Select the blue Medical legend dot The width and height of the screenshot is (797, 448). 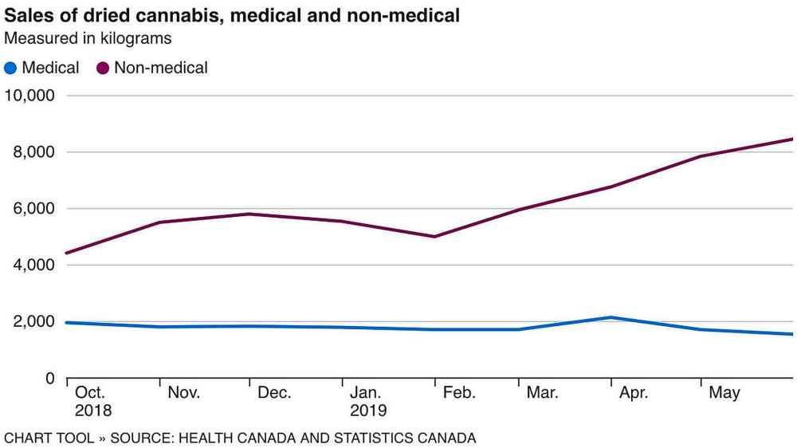click(x=11, y=69)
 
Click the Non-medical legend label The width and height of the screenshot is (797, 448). click(x=160, y=69)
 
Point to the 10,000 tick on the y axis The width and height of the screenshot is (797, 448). click(x=29, y=96)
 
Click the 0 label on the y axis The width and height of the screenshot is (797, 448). click(x=49, y=378)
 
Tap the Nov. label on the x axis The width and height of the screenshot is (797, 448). click(x=184, y=393)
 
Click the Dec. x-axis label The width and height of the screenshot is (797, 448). click(x=274, y=393)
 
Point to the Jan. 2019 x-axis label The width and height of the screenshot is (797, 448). click(x=367, y=402)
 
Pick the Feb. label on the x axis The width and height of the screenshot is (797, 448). click(x=459, y=393)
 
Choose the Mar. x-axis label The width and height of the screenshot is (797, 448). click(x=543, y=393)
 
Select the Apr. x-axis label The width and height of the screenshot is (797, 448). click(x=633, y=393)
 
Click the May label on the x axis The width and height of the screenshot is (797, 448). click(x=724, y=393)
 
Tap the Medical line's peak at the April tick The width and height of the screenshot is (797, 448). click(x=611, y=317)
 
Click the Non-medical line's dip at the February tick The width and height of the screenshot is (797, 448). click(x=434, y=237)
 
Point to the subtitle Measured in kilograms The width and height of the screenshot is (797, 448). click(x=88, y=38)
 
